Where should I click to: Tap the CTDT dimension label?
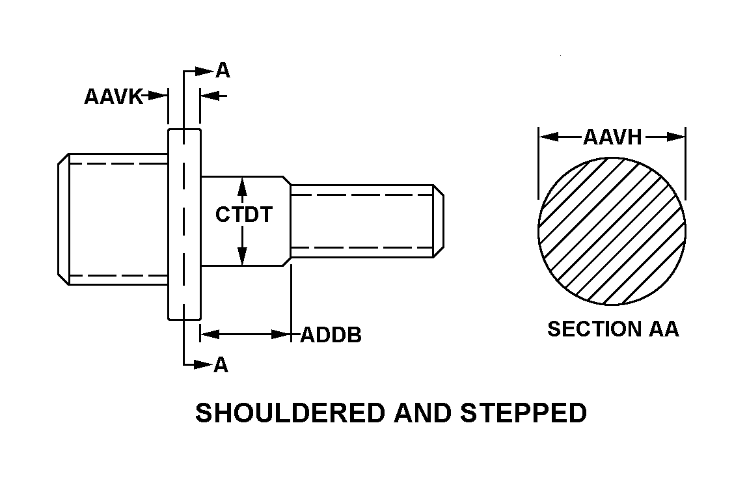[244, 215]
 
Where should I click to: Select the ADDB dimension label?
[331, 336]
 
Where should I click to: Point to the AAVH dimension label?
[612, 137]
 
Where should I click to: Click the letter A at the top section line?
[223, 71]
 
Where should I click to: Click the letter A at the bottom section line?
[221, 365]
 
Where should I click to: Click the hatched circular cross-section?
[612, 231]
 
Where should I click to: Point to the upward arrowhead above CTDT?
[242, 186]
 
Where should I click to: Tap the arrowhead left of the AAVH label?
[547, 137]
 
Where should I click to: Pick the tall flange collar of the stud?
[184, 224]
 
